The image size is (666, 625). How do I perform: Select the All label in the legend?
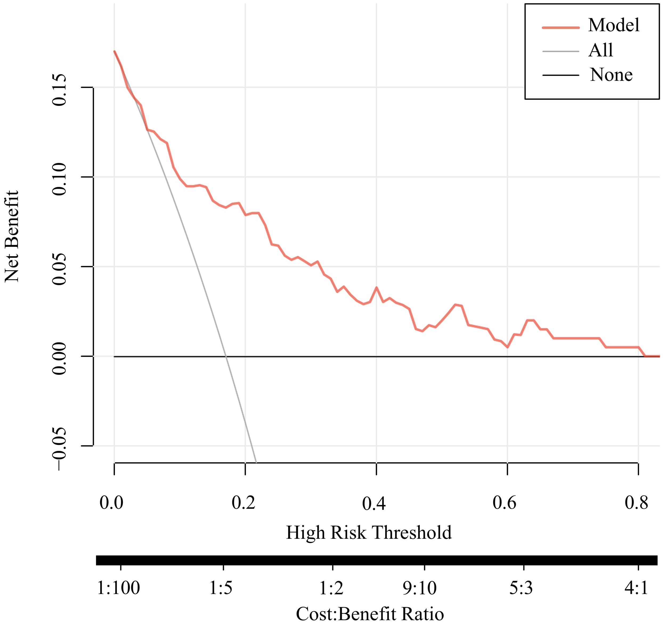[x=601, y=51]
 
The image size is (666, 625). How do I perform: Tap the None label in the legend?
[x=611, y=75]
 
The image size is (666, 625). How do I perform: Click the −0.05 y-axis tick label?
[x=60, y=448]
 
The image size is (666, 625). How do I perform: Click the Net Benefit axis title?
[x=12, y=236]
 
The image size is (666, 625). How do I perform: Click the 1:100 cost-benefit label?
[x=118, y=588]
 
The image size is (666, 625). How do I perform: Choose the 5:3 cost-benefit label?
[x=521, y=588]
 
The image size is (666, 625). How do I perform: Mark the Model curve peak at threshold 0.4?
[x=376, y=287]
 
